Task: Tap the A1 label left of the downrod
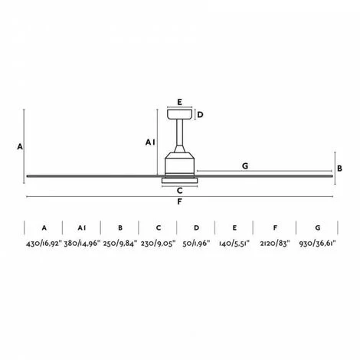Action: (x=150, y=142)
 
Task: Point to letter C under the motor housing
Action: (x=179, y=190)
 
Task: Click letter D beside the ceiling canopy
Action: (x=200, y=116)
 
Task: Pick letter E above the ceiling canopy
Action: (x=180, y=101)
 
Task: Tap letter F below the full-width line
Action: (x=179, y=202)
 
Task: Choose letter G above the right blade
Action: (x=245, y=165)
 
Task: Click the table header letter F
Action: (x=273, y=227)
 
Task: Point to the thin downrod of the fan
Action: (x=180, y=138)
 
